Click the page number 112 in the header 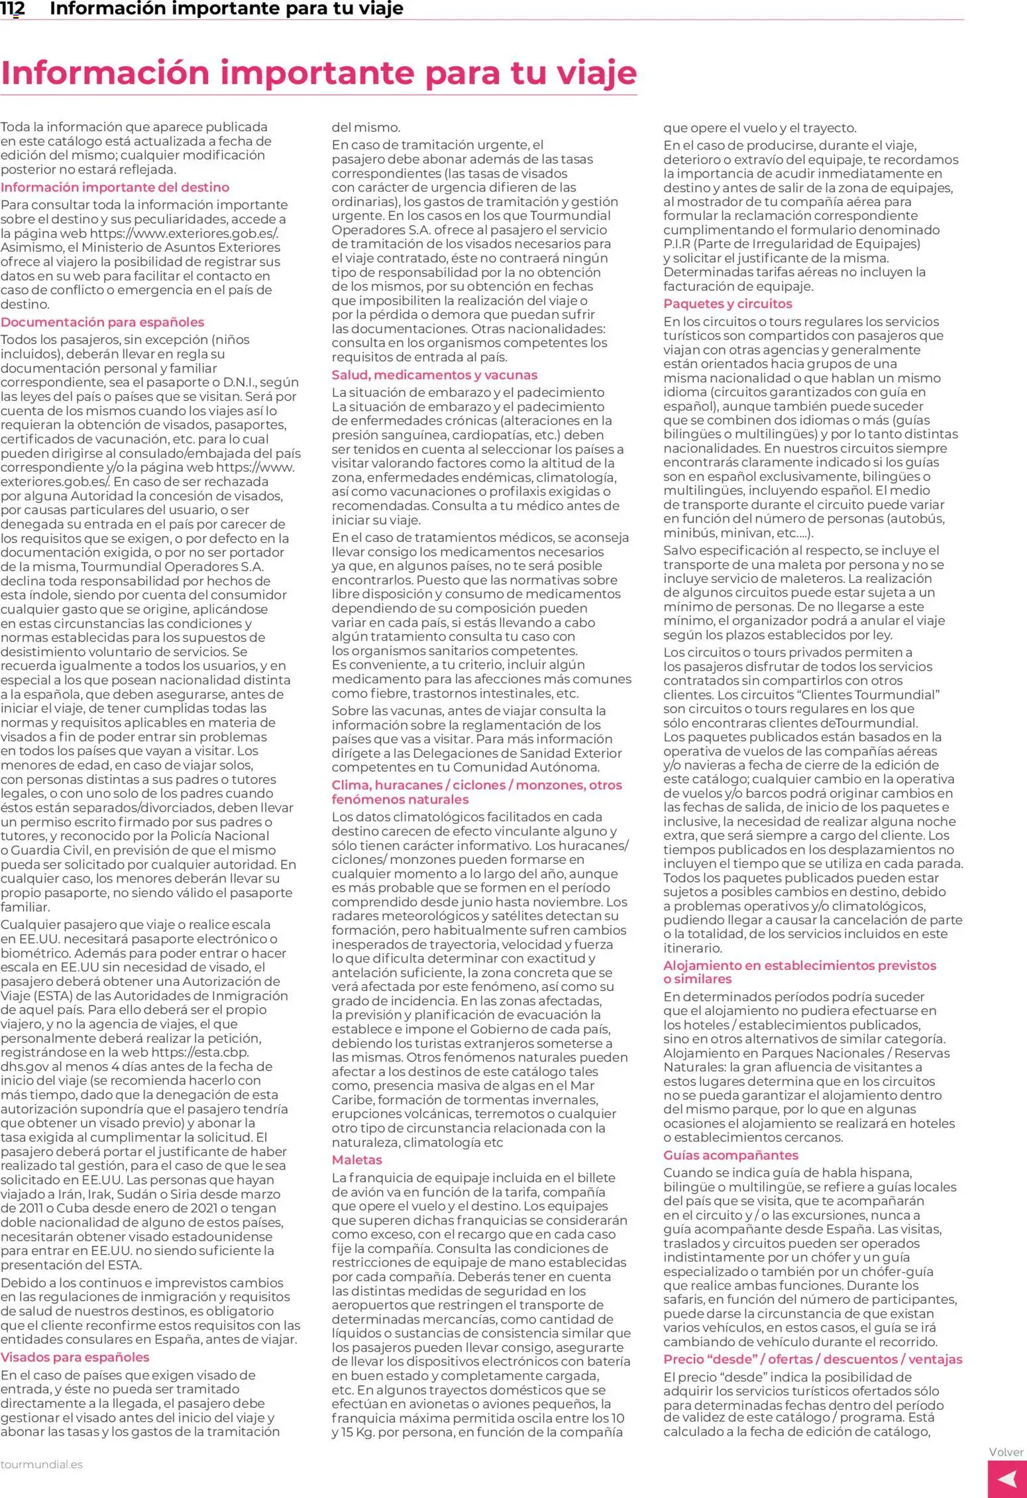(13, 9)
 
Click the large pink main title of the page (318, 73)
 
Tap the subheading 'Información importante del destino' (115, 187)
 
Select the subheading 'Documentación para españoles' (103, 323)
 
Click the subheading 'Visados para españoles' (75, 1357)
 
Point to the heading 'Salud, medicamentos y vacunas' (435, 375)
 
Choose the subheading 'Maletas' (357, 1160)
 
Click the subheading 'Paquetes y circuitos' (728, 304)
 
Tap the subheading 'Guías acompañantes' (731, 1155)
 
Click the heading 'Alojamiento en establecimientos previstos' (800, 966)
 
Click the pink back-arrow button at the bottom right (1006, 1479)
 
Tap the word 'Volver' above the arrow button (1006, 1452)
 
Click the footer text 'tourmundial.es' (42, 1465)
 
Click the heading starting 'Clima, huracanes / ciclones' (477, 785)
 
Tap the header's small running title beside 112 (227, 9)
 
